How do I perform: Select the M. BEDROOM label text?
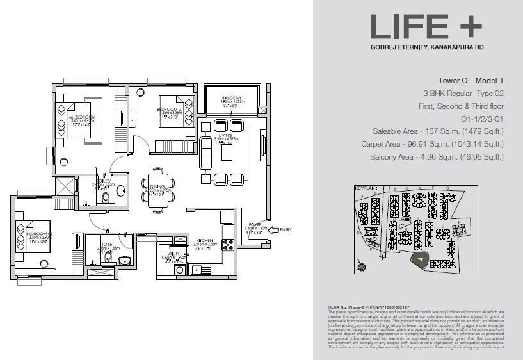[x=83, y=118]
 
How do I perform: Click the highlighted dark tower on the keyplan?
[x=419, y=259]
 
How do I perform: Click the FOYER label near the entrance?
[x=253, y=224]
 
